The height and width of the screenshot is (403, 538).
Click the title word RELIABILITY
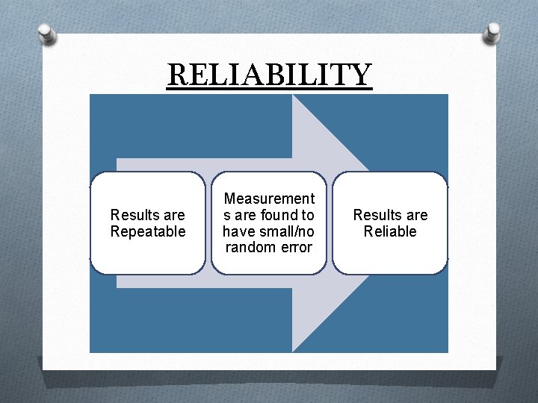coord(269,75)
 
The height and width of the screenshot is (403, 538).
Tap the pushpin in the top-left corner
coord(46,33)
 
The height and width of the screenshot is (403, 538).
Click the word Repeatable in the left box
coord(148,231)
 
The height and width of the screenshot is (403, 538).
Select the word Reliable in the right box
coord(390,231)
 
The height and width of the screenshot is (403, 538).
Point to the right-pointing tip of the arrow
coord(446,223)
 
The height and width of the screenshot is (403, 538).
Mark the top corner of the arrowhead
coord(292,95)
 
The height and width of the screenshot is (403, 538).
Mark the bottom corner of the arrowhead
coord(292,352)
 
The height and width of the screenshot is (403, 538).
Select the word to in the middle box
coord(308,215)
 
